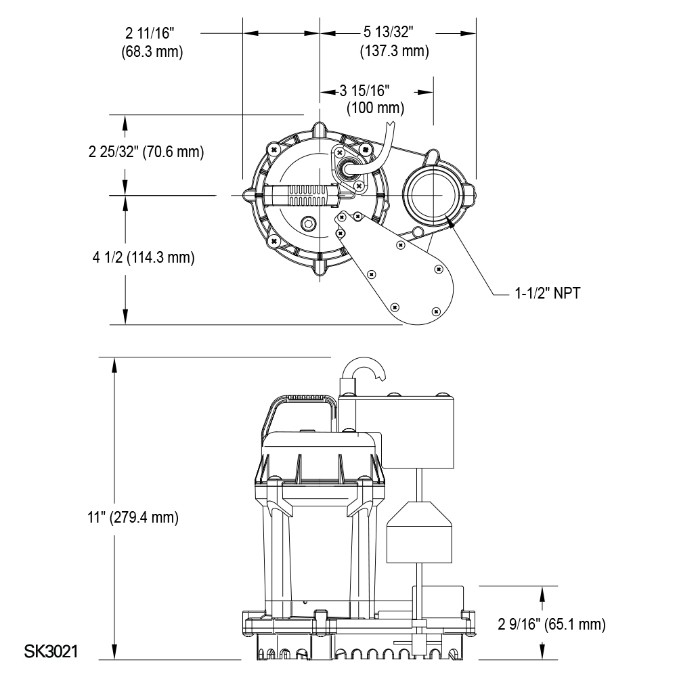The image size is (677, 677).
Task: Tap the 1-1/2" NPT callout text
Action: pyautogui.click(x=547, y=294)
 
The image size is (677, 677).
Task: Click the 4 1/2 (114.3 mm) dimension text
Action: pyautogui.click(x=143, y=257)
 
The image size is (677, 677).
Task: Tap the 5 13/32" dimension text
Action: pyautogui.click(x=389, y=32)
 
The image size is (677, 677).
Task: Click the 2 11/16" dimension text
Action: pyautogui.click(x=153, y=32)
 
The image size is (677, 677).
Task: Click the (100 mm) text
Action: pyautogui.click(x=375, y=108)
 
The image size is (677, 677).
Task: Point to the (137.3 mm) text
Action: pyautogui.click(x=394, y=51)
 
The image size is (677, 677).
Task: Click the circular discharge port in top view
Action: pyautogui.click(x=432, y=194)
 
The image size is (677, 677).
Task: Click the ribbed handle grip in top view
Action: pyautogui.click(x=309, y=196)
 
